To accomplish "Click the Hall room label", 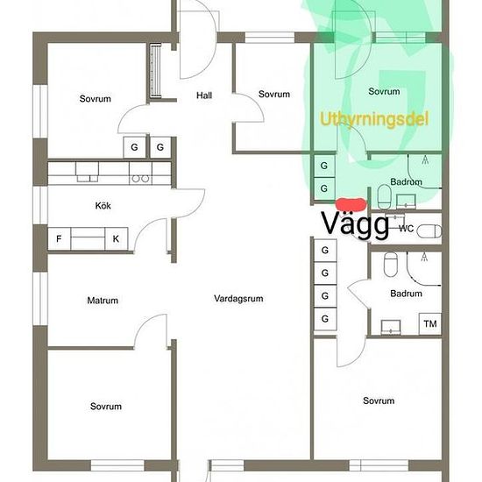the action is point(204,96).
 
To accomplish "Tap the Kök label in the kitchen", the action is point(103,205).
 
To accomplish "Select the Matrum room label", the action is point(103,300).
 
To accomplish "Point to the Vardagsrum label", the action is point(238,298).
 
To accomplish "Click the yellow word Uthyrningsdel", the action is point(374,118).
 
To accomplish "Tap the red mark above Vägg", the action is point(351,204).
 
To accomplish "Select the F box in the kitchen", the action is point(59,238).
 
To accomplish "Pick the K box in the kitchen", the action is point(117,238).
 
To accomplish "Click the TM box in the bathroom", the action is point(430,323).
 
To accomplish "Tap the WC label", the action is point(406,229).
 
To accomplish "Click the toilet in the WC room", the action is point(430,231).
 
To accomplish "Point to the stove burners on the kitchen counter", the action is point(140,178).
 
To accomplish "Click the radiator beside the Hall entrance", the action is point(155,70).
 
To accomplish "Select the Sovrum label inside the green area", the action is point(384,91).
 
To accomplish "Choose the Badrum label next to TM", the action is point(406,294).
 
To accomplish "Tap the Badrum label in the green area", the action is point(406,181).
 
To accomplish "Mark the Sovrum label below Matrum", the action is point(106,406).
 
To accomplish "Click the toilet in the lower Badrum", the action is point(391,264).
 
